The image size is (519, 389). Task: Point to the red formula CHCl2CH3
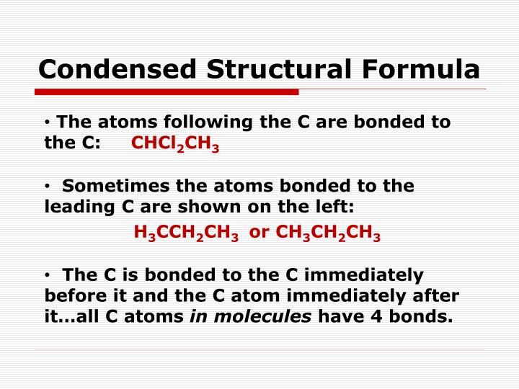tap(175, 143)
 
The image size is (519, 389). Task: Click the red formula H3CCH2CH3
tap(186, 233)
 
